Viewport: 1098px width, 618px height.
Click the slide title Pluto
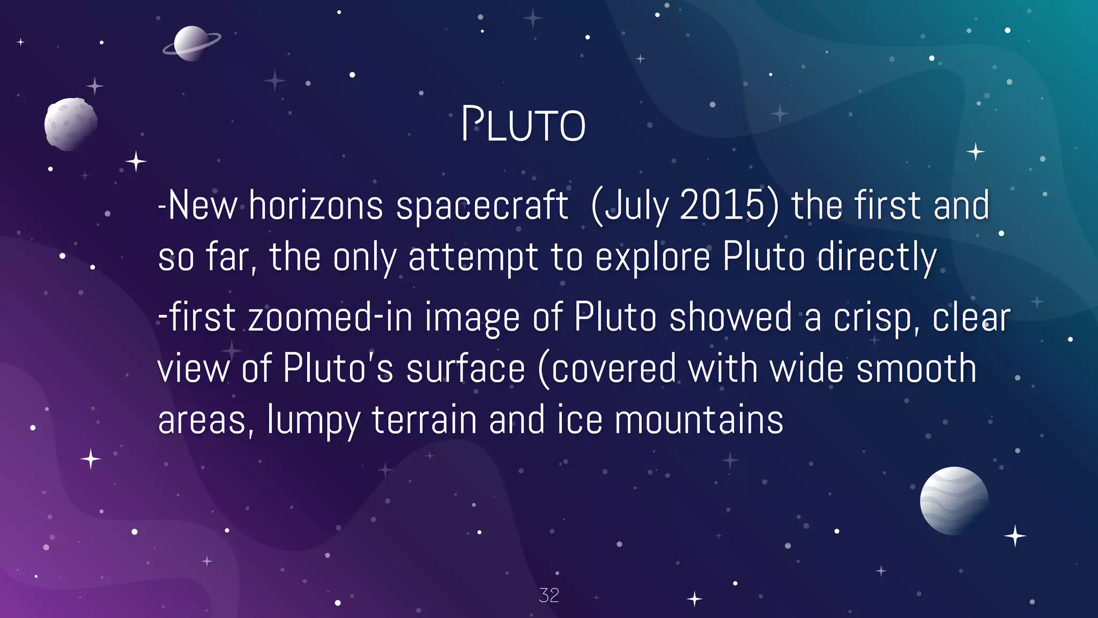coord(523,125)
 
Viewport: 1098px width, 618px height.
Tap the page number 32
coord(548,595)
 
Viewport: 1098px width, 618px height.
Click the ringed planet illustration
coord(191,43)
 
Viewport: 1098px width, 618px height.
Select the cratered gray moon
coord(70,124)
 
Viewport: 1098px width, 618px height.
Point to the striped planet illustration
coord(954,500)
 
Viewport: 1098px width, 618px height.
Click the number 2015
coord(722,205)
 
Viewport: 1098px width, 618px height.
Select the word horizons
coord(316,205)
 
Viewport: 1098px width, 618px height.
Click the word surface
coord(465,369)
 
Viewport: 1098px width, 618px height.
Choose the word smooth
coord(916,369)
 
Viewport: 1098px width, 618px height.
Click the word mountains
coord(699,420)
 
